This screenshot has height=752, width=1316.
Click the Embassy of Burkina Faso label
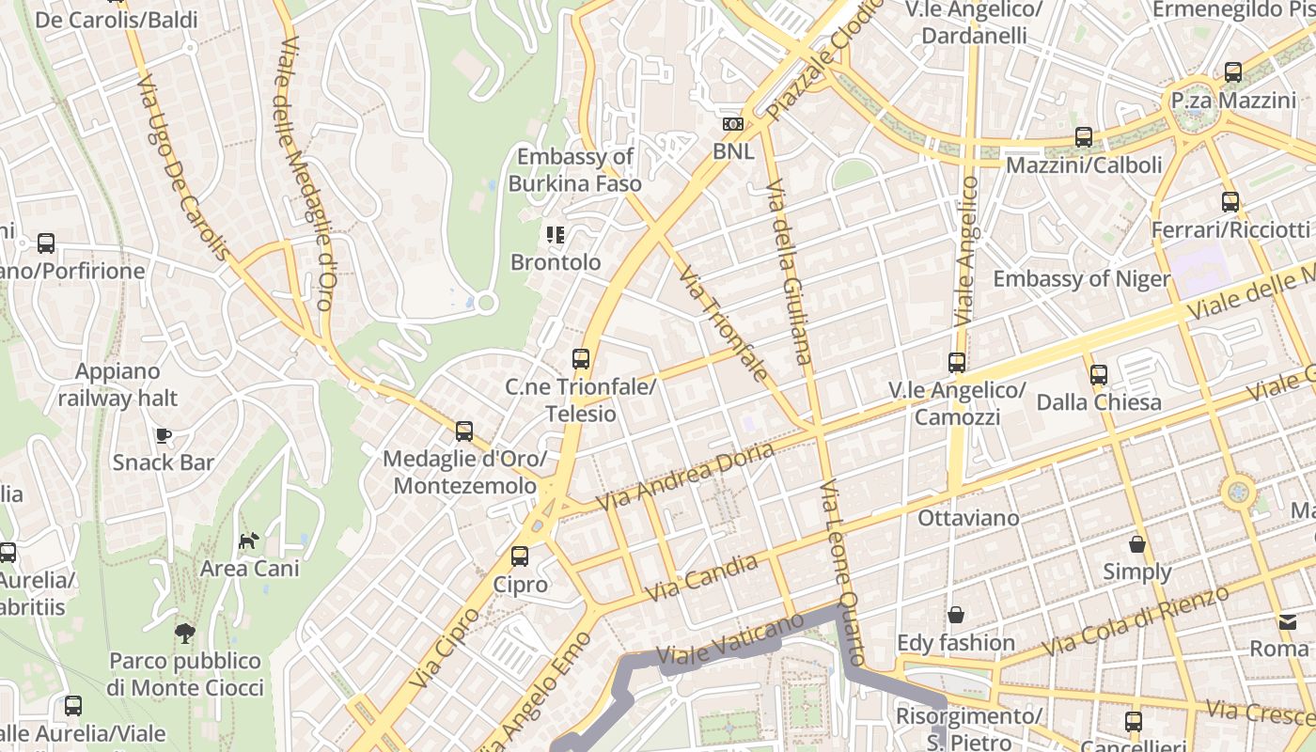(x=574, y=170)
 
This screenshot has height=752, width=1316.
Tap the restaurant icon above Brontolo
(x=556, y=234)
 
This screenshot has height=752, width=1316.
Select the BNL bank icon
(x=732, y=124)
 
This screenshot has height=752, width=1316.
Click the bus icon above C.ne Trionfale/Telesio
(x=581, y=358)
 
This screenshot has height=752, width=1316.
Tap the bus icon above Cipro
(x=520, y=556)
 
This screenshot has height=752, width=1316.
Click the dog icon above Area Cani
(x=249, y=540)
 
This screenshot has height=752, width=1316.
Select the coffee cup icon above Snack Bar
(x=164, y=435)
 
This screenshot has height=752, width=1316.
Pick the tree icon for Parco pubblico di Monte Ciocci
(x=184, y=633)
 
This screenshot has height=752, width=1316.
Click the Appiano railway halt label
(x=117, y=384)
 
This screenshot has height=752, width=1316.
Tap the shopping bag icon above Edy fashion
(x=956, y=615)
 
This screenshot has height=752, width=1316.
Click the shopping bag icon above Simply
(x=1137, y=544)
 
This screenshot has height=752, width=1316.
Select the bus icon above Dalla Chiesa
(x=1098, y=375)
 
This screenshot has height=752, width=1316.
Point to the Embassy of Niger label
(x=1081, y=279)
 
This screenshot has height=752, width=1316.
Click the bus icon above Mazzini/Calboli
(x=1084, y=137)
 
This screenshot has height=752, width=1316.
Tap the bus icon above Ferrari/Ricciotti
(x=1230, y=201)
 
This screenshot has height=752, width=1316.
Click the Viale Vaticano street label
(x=730, y=638)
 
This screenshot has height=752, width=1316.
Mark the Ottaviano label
(x=968, y=518)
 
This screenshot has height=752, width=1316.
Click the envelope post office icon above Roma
(x=1286, y=621)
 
